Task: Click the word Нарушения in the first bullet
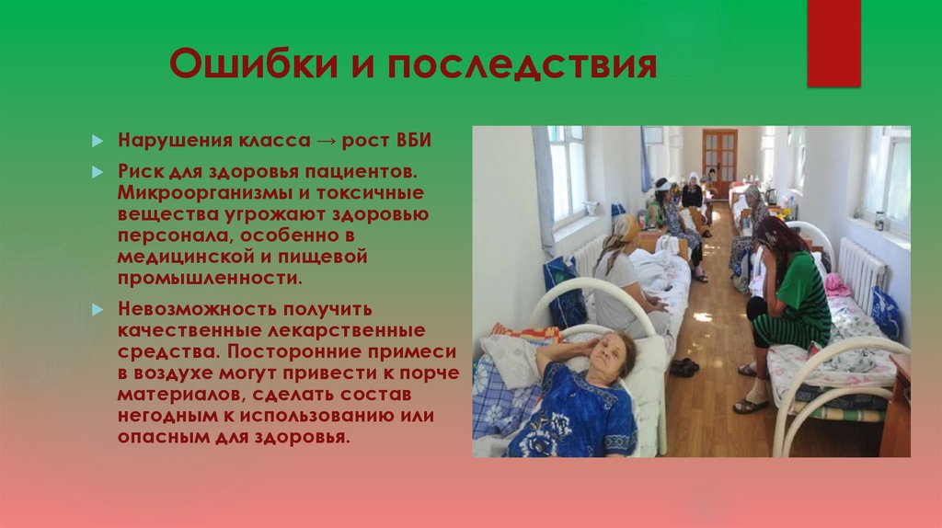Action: click(x=167, y=143)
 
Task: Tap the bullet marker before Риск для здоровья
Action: click(x=98, y=173)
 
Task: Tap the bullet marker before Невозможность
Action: click(x=98, y=310)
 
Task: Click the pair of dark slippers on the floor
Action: click(x=684, y=366)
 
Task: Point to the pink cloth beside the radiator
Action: click(x=836, y=286)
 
